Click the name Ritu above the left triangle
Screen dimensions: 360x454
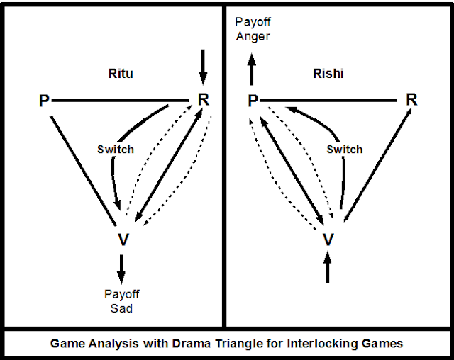[x=120, y=73]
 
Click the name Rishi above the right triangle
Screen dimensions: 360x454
[x=328, y=73]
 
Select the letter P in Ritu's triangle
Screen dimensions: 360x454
[x=44, y=102]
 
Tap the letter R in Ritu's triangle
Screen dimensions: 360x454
[x=204, y=100]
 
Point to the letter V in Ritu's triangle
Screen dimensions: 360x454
[x=123, y=240]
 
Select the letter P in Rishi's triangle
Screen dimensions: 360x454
[x=253, y=102]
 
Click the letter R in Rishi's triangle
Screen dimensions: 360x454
[x=411, y=100]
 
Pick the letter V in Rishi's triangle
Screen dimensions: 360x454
[x=328, y=240]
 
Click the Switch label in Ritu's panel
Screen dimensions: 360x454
[x=116, y=150]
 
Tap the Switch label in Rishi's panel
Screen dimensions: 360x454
[x=344, y=150]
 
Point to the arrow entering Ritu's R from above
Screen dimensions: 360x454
[x=204, y=66]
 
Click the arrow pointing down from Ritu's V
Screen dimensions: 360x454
[x=121, y=268]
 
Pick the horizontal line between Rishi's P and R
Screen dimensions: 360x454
[x=331, y=101]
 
